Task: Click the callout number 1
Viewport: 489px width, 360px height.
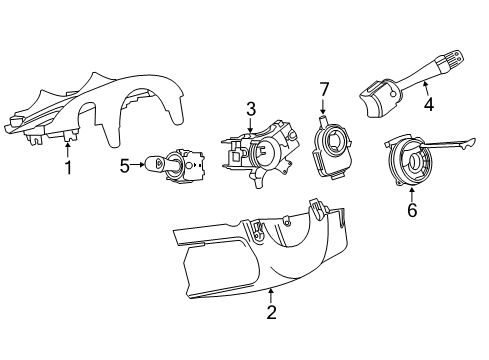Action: (68, 167)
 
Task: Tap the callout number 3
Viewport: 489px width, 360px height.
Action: (252, 108)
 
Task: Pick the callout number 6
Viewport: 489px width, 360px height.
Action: (411, 212)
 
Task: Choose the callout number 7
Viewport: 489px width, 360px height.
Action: (323, 91)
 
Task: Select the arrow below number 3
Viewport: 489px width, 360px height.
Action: (251, 124)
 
